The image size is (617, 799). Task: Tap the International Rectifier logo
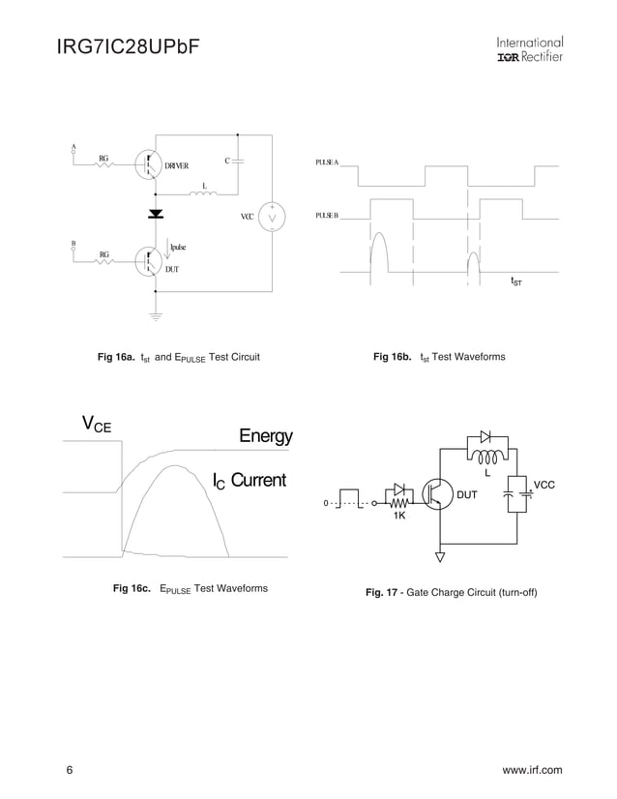[529, 49]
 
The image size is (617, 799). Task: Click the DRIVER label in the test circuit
[176, 166]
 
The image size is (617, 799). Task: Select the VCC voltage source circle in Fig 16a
[272, 218]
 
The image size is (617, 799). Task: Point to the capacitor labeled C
[238, 160]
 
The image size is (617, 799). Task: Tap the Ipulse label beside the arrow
[179, 248]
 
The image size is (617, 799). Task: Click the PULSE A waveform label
[327, 163]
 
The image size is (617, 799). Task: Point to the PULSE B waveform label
[327, 215]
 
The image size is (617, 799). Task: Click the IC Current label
[250, 481]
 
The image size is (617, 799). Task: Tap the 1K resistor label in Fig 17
[399, 517]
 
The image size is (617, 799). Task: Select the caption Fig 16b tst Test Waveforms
[439, 357]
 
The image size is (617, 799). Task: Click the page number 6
[70, 770]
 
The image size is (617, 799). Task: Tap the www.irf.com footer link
[532, 770]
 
